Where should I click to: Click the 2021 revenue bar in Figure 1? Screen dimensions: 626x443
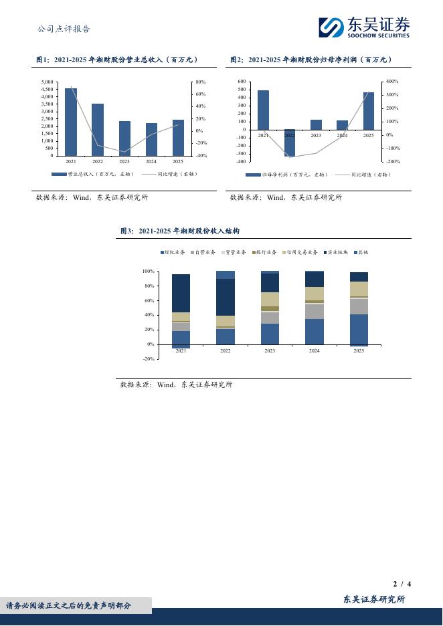[71, 122]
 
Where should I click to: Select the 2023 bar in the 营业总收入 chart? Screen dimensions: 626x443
[124, 138]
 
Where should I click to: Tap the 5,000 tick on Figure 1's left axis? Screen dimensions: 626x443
[47, 82]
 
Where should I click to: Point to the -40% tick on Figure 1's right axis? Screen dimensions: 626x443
[201, 156]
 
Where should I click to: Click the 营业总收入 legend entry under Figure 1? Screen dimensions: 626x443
[93, 174]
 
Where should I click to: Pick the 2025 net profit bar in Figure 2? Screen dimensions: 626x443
[369, 111]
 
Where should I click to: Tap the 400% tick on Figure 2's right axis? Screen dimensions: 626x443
[393, 82]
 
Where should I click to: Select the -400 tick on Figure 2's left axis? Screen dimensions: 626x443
[241, 161]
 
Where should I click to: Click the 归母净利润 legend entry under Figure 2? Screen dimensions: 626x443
[287, 175]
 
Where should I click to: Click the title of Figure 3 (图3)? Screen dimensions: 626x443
[179, 231]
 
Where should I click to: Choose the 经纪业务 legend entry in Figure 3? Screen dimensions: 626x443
[173, 253]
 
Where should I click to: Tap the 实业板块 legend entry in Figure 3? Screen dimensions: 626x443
[336, 253]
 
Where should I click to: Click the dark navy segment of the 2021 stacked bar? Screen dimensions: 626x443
[181, 293]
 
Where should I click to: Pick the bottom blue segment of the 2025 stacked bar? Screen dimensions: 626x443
[359, 329]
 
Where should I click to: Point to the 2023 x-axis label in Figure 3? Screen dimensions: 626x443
[270, 350]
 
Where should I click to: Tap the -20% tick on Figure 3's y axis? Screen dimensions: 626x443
[149, 359]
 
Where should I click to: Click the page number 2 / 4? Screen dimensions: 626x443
[402, 584]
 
